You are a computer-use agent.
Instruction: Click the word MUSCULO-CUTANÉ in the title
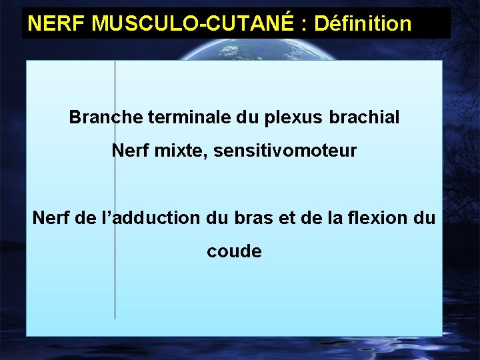(x=193, y=24)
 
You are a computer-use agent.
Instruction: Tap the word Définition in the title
(x=363, y=24)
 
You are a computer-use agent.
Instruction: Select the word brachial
(x=364, y=118)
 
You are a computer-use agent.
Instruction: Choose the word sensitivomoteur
(x=286, y=151)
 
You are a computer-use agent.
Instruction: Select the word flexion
(x=377, y=218)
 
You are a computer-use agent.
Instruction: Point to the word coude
(x=234, y=251)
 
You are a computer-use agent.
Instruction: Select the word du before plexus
(x=249, y=118)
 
